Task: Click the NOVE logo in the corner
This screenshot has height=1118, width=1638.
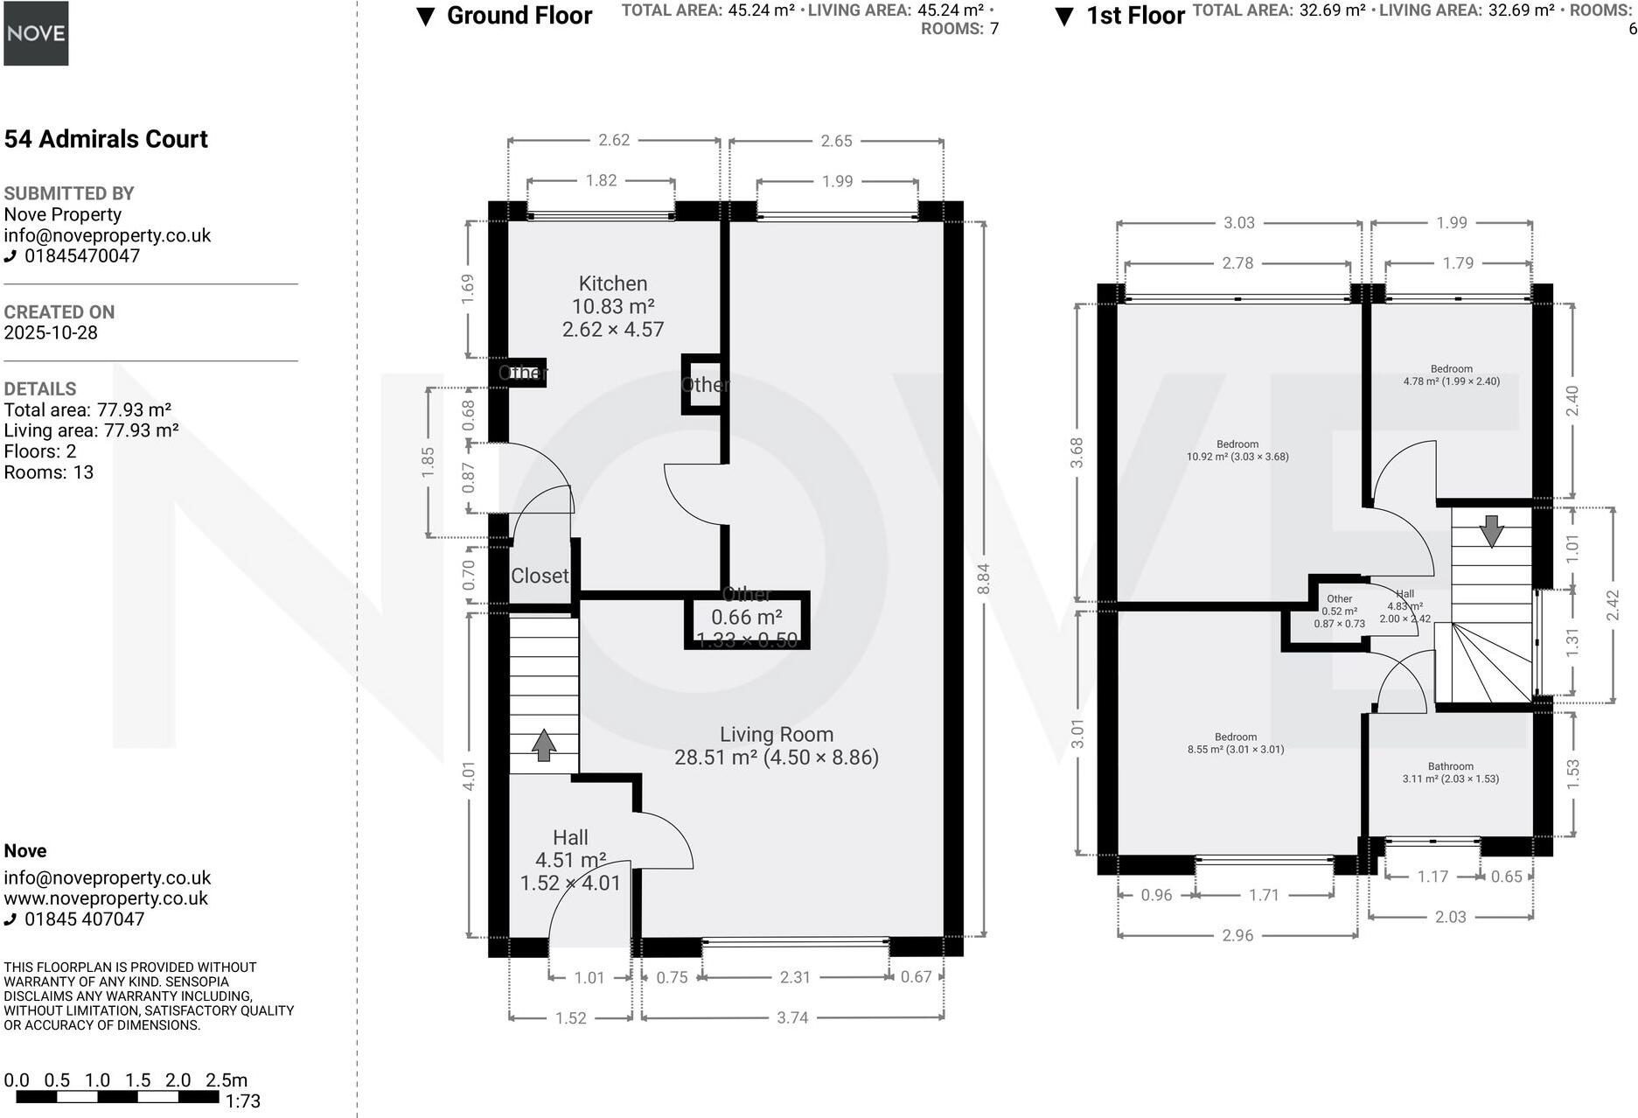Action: [x=36, y=33]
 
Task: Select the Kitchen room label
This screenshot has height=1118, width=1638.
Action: [x=612, y=283]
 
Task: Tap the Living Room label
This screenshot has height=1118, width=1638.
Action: [x=776, y=735]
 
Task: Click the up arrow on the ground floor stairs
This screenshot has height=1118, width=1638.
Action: [x=544, y=744]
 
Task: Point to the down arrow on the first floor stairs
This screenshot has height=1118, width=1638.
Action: [x=1491, y=530]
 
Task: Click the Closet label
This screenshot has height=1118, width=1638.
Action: [x=540, y=576]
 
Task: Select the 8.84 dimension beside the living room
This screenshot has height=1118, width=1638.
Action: [x=983, y=578]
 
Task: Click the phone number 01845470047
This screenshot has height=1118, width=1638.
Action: [x=81, y=256]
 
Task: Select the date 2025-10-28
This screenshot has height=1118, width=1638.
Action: [x=51, y=333]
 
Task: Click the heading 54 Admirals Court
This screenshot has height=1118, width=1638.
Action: [x=106, y=139]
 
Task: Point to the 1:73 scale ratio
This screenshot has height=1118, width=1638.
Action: [x=242, y=1101]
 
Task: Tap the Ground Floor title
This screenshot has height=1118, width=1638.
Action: [x=519, y=16]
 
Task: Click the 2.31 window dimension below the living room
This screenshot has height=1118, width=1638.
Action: [x=794, y=977]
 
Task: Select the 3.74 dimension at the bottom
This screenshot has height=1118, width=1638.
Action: [x=792, y=1018]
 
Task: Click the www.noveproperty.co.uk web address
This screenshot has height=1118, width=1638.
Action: [x=106, y=898]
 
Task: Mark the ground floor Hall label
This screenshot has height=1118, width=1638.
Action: [x=570, y=838]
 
